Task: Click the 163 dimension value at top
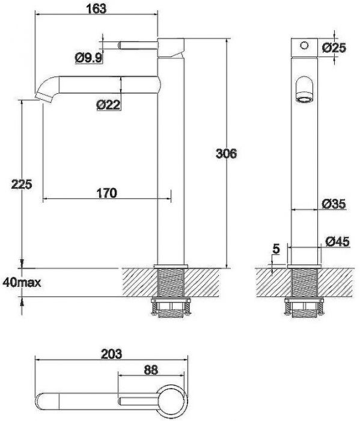point(96,8)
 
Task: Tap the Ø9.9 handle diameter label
point(89,58)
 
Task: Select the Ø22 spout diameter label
point(108,105)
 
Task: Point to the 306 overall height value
point(226,153)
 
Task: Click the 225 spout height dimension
point(22,184)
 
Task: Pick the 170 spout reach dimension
point(107,193)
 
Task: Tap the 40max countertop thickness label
point(22,283)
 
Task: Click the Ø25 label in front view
point(334,48)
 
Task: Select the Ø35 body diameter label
point(334,204)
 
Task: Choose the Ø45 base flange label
point(338,241)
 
